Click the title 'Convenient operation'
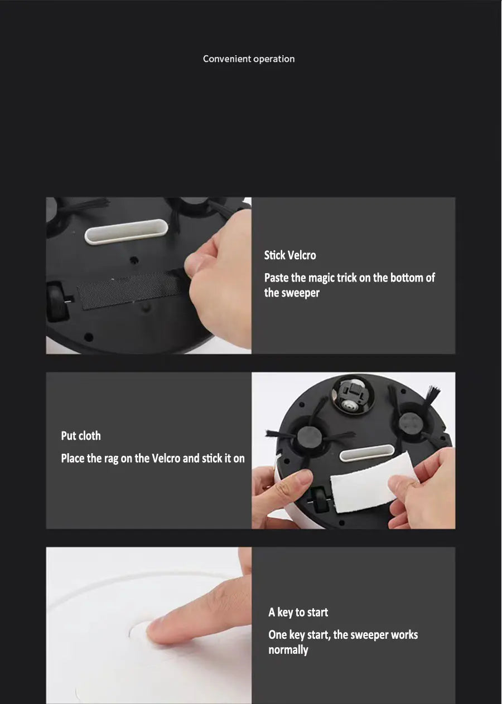pyautogui.click(x=249, y=59)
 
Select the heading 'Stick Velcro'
pyautogui.click(x=289, y=255)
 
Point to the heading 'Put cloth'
pyautogui.click(x=81, y=436)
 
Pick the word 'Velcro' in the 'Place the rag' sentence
pyautogui.click(x=166, y=458)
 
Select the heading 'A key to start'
pyautogui.click(x=298, y=612)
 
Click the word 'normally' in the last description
pyautogui.click(x=288, y=650)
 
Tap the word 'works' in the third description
pyautogui.click(x=404, y=634)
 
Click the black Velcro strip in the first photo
pyautogui.click(x=131, y=291)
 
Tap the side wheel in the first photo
pyautogui.click(x=56, y=301)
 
